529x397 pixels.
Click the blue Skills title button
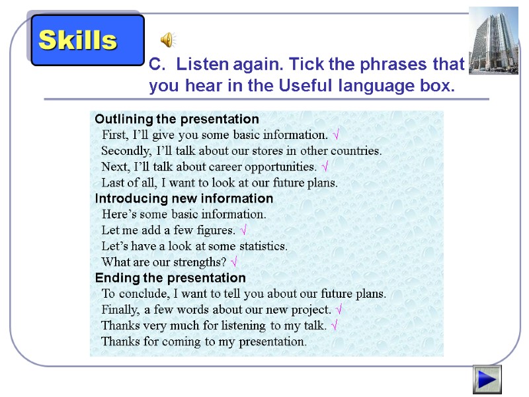(87, 40)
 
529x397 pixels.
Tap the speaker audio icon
(169, 40)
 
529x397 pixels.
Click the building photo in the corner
(493, 40)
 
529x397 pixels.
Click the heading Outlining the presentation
(177, 119)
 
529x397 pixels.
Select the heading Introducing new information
(184, 198)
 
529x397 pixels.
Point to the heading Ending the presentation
(170, 278)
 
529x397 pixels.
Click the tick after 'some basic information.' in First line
(337, 136)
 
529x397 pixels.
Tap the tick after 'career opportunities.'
(325, 167)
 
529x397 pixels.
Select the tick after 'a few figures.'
(244, 230)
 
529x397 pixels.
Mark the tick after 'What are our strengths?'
(235, 262)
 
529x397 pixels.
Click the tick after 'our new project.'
(339, 310)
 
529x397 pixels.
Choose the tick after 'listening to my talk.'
(335, 326)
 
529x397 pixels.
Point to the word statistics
(263, 246)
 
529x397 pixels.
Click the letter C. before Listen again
(156, 65)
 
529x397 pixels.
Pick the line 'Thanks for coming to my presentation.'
(204, 341)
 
